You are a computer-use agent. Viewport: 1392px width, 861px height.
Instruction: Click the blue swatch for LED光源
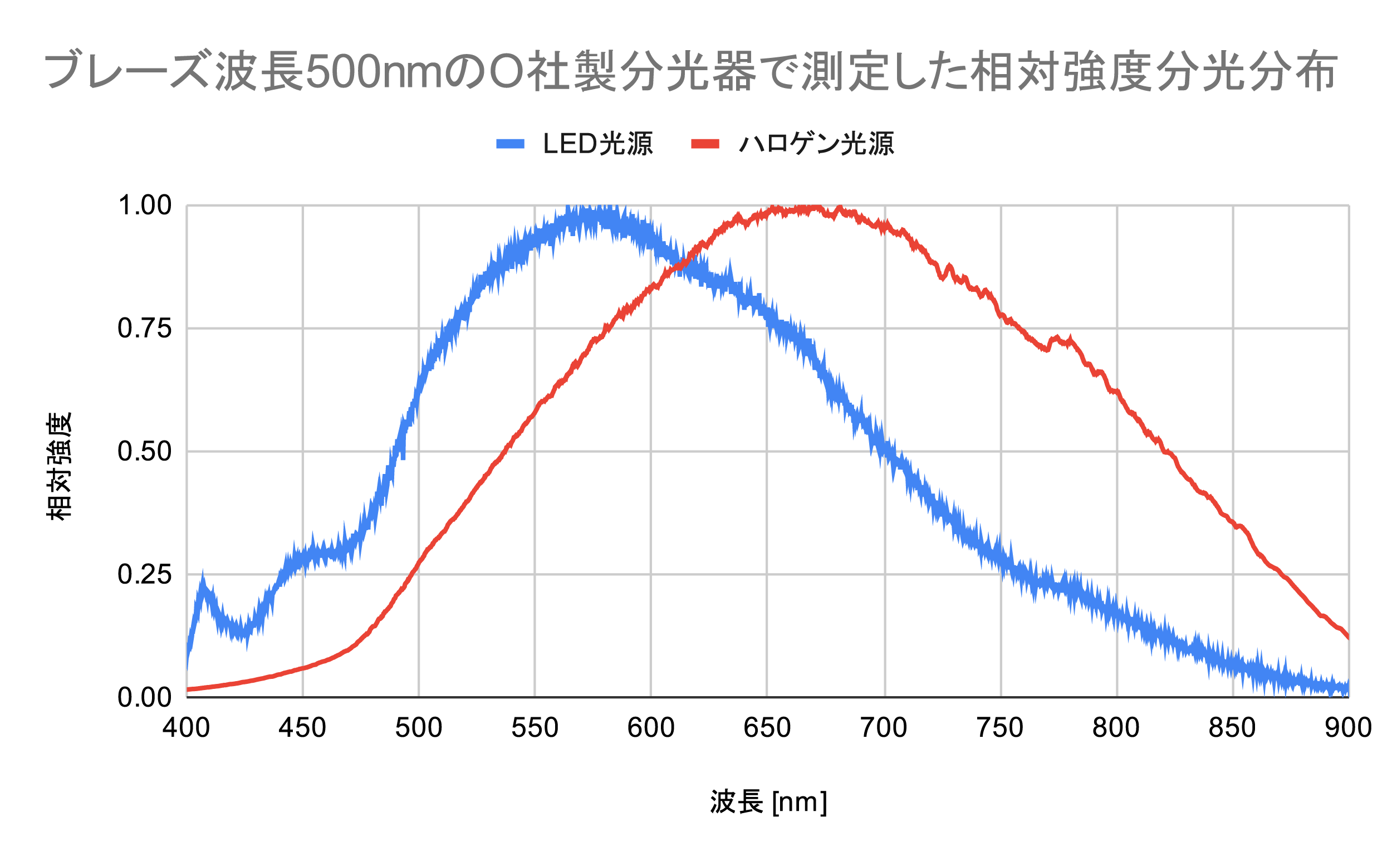[x=509, y=144]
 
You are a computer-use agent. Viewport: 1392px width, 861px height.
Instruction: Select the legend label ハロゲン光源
[x=815, y=144]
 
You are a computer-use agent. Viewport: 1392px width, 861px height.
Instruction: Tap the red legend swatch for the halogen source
[x=705, y=144]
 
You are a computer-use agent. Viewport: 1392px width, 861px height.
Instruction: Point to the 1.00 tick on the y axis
[x=144, y=206]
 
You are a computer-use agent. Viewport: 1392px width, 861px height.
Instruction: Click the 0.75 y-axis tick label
[x=144, y=329]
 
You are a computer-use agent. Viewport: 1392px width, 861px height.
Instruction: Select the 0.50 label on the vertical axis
[x=144, y=452]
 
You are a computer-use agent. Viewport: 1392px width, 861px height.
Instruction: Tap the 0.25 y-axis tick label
[x=144, y=575]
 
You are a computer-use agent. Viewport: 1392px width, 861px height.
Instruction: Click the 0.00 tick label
[x=144, y=698]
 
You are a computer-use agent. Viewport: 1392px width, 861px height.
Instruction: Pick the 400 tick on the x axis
[x=186, y=728]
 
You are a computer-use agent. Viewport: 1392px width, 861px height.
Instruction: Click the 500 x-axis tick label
[x=419, y=728]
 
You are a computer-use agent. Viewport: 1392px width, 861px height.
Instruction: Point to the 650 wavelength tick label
[x=767, y=728]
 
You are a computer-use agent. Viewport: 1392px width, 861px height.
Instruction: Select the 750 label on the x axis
[x=1000, y=728]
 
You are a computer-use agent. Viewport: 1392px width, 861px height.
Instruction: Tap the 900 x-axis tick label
[x=1347, y=728]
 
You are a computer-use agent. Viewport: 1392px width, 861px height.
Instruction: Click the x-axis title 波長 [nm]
[x=768, y=803]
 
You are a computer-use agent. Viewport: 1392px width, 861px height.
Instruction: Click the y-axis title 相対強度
[x=59, y=466]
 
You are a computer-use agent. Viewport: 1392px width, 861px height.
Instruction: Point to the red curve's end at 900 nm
[x=1347, y=637]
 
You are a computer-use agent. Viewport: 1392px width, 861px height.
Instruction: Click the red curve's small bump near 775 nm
[x=1057, y=339]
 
